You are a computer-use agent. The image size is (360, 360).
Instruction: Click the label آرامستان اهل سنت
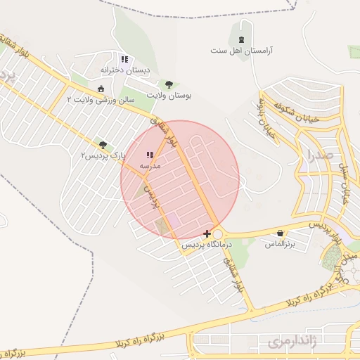point(242,51)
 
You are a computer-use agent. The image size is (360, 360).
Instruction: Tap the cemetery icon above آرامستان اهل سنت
point(242,39)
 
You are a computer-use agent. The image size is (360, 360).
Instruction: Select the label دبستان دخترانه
point(124,70)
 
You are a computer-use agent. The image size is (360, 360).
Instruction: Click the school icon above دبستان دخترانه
point(124,59)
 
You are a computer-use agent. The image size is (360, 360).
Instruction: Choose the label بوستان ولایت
point(169,95)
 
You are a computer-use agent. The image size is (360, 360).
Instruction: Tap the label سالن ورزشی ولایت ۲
point(101,101)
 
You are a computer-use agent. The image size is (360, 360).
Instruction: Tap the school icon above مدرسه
point(149,155)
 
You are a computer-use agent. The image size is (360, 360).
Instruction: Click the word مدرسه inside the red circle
point(150,165)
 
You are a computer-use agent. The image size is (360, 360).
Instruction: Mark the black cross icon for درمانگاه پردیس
point(207,233)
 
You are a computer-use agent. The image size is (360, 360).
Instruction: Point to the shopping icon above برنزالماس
point(281,233)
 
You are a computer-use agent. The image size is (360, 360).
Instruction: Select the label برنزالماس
point(278,244)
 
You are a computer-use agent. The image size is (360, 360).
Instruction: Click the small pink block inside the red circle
point(172,220)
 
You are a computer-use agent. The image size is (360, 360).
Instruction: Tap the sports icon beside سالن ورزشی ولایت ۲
point(101,89)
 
